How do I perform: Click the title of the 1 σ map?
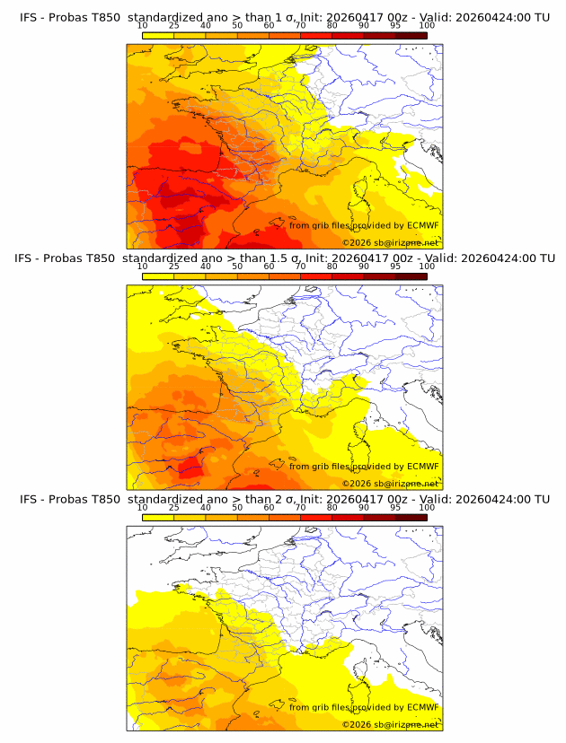(x=284, y=17)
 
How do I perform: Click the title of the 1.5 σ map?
(x=284, y=258)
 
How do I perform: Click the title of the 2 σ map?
(x=284, y=499)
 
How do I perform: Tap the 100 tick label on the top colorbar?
(x=427, y=25)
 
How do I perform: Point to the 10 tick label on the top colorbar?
(x=142, y=25)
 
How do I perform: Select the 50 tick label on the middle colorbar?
(x=237, y=267)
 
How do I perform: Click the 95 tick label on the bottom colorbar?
(x=395, y=508)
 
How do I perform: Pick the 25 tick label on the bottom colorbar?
(x=173, y=508)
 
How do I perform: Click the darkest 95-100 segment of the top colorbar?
(x=411, y=35)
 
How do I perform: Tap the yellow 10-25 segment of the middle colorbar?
(x=157, y=276)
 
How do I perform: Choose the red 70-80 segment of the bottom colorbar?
(x=315, y=518)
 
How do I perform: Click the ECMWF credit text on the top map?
(x=364, y=225)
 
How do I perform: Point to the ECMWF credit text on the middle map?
(x=364, y=466)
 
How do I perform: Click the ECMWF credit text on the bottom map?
(x=364, y=707)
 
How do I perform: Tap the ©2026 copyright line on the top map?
(x=390, y=242)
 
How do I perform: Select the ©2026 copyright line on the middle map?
(x=390, y=483)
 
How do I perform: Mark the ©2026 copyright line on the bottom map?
(x=390, y=724)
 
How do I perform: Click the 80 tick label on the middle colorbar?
(x=332, y=267)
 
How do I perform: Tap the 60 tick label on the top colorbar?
(x=269, y=25)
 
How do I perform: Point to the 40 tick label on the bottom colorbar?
(x=205, y=508)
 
